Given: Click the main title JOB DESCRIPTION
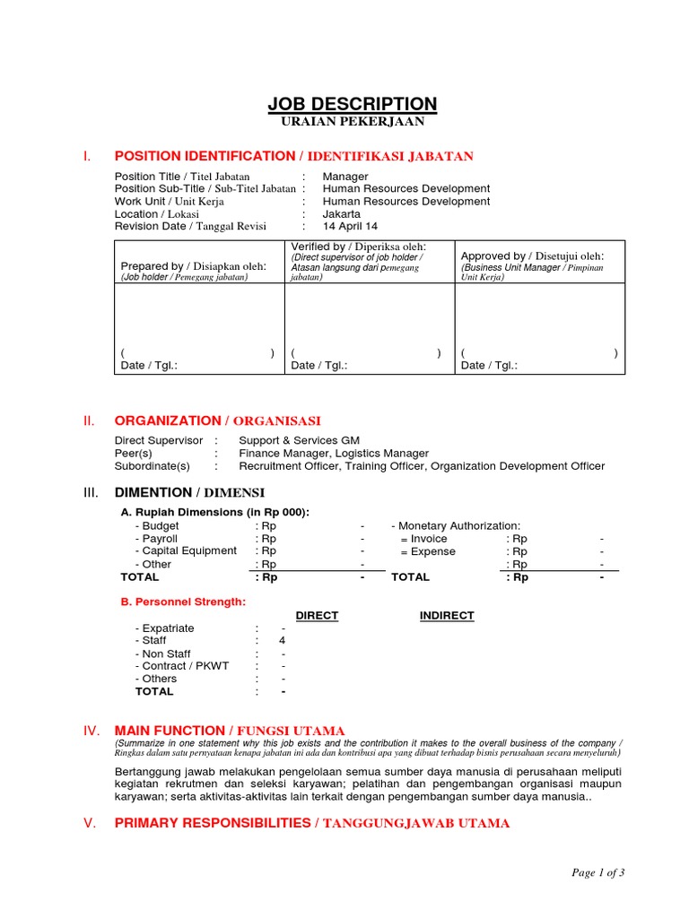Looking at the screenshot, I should [x=353, y=104].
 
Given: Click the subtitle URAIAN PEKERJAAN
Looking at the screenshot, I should [x=353, y=122].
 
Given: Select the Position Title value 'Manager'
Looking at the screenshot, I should [x=345, y=177].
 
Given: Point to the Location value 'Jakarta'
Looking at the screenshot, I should [x=342, y=214].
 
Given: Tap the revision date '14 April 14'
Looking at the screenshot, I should [x=350, y=227].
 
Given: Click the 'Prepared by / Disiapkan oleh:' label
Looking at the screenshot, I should [x=193, y=266].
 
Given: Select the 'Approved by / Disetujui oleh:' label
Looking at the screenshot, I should [x=532, y=256].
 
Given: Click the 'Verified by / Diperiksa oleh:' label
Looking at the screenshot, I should [x=358, y=247].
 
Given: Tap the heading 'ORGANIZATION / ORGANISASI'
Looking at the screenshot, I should [x=217, y=420].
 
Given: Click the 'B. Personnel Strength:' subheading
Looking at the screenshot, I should [x=183, y=602].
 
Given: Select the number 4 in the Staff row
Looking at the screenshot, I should [x=283, y=641].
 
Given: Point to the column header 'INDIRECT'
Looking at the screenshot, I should [x=447, y=616].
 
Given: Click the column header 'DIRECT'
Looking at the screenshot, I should [x=317, y=616].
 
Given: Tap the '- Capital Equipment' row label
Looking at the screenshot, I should [x=186, y=551].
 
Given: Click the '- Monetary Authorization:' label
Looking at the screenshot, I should [x=456, y=526].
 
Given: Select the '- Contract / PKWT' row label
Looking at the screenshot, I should [x=182, y=666].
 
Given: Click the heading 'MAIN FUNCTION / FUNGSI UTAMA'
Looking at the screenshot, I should [x=229, y=731].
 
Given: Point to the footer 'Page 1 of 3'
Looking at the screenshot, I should [x=597, y=872].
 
